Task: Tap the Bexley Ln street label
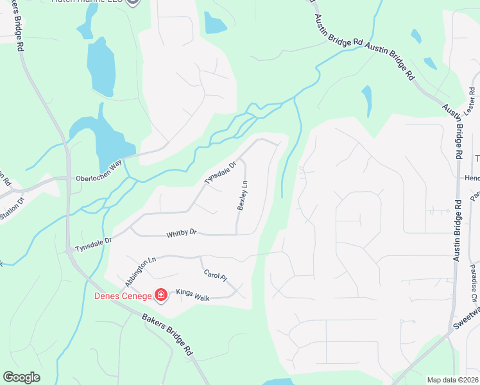pyautogui.click(x=243, y=196)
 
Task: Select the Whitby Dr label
pyautogui.click(x=181, y=235)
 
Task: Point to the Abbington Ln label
pyautogui.click(x=141, y=271)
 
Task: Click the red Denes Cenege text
pyautogui.click(x=123, y=296)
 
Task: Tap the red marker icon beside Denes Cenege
pyautogui.click(x=161, y=295)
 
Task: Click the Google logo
pyautogui.click(x=21, y=377)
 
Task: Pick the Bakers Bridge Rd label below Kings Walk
pyautogui.click(x=167, y=334)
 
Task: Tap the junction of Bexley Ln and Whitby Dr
pyautogui.click(x=237, y=234)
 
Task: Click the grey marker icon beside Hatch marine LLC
pyautogui.click(x=133, y=2)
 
